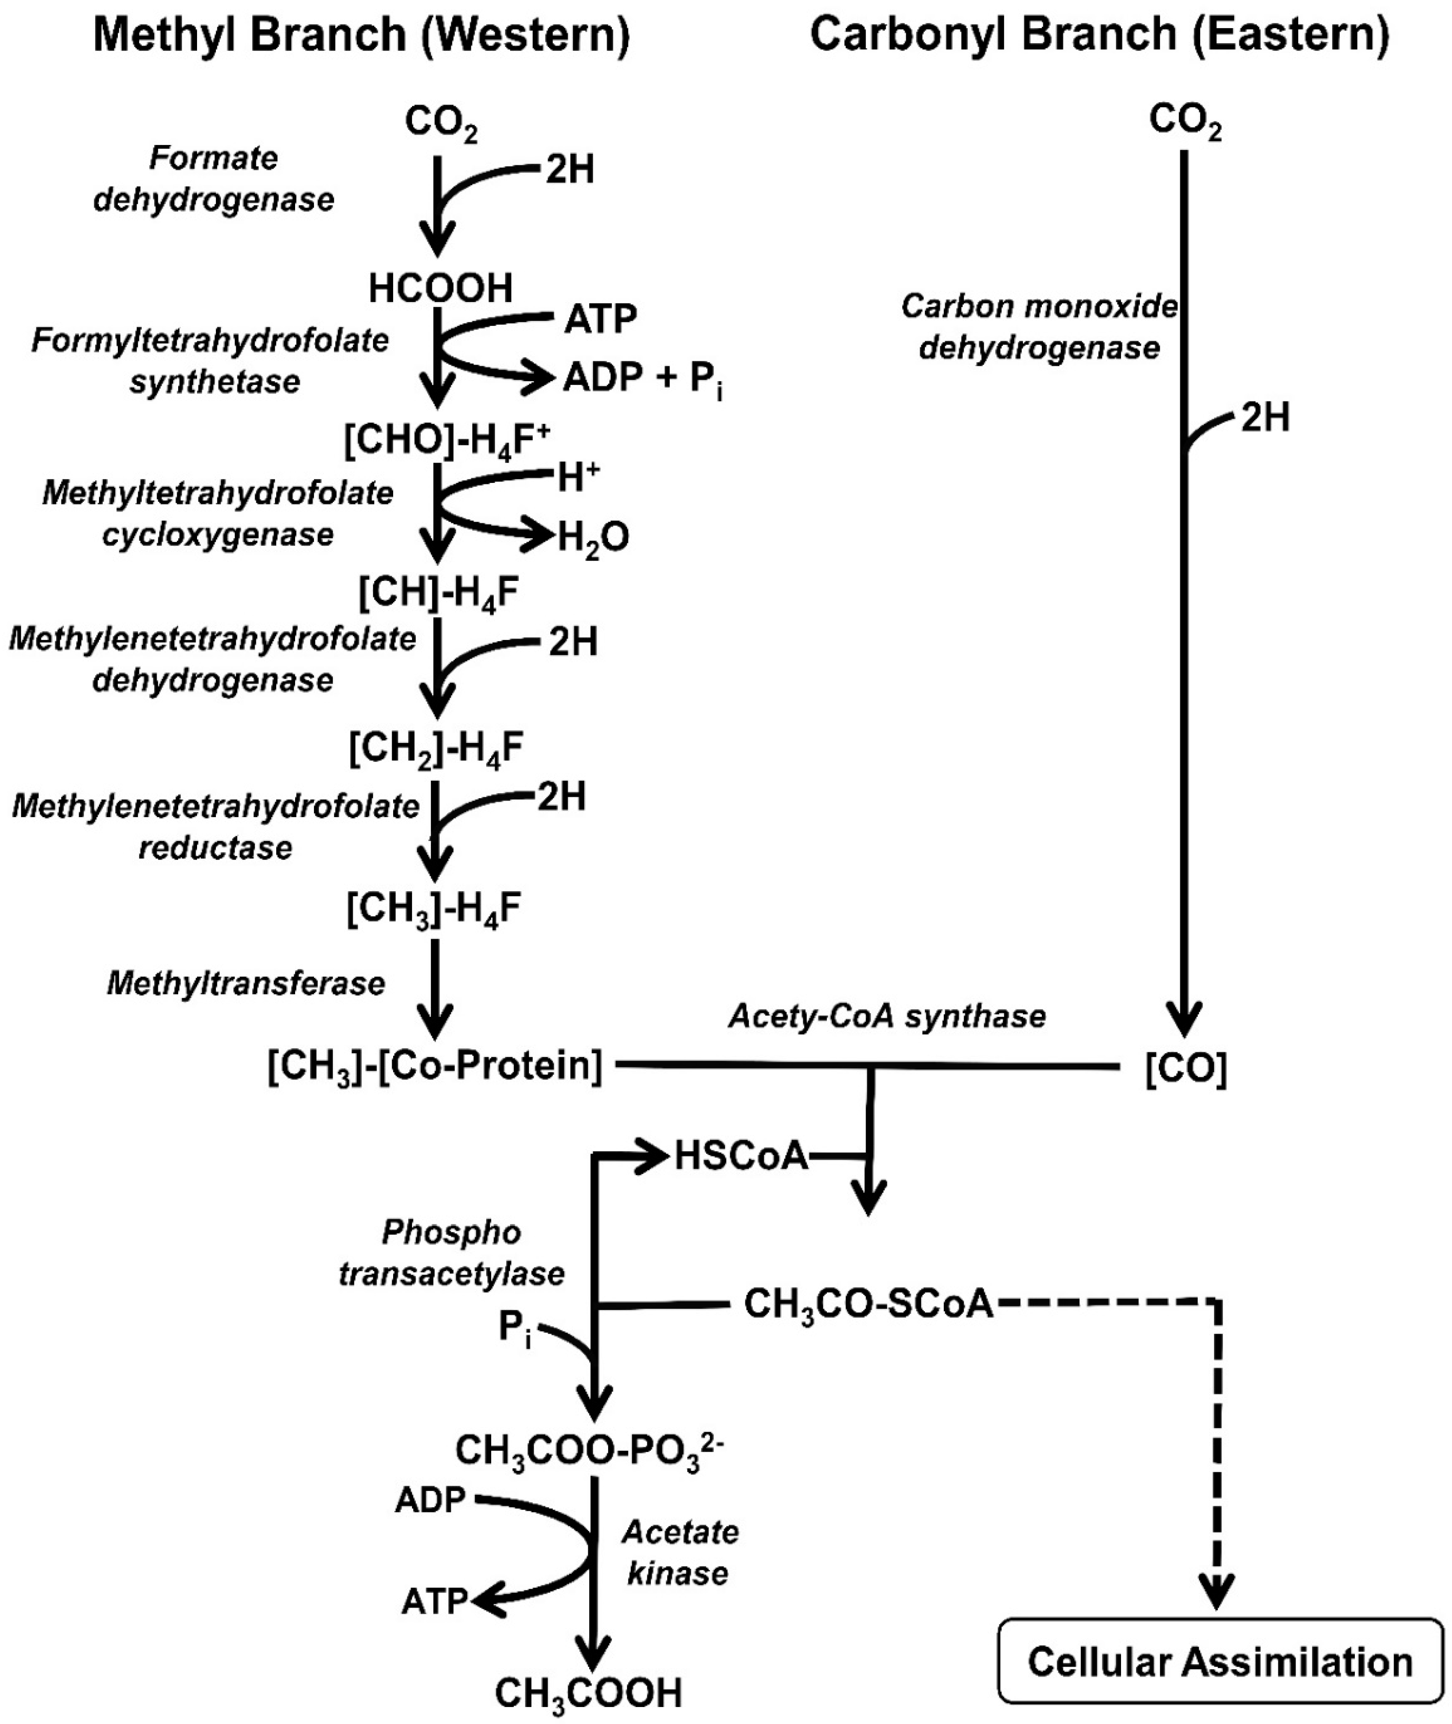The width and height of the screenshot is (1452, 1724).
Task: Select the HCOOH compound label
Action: (x=441, y=289)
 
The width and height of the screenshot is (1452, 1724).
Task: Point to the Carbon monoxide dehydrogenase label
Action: (x=1040, y=327)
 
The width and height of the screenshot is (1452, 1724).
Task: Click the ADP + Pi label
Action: (x=642, y=378)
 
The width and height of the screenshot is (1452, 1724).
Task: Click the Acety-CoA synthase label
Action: (x=887, y=1016)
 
